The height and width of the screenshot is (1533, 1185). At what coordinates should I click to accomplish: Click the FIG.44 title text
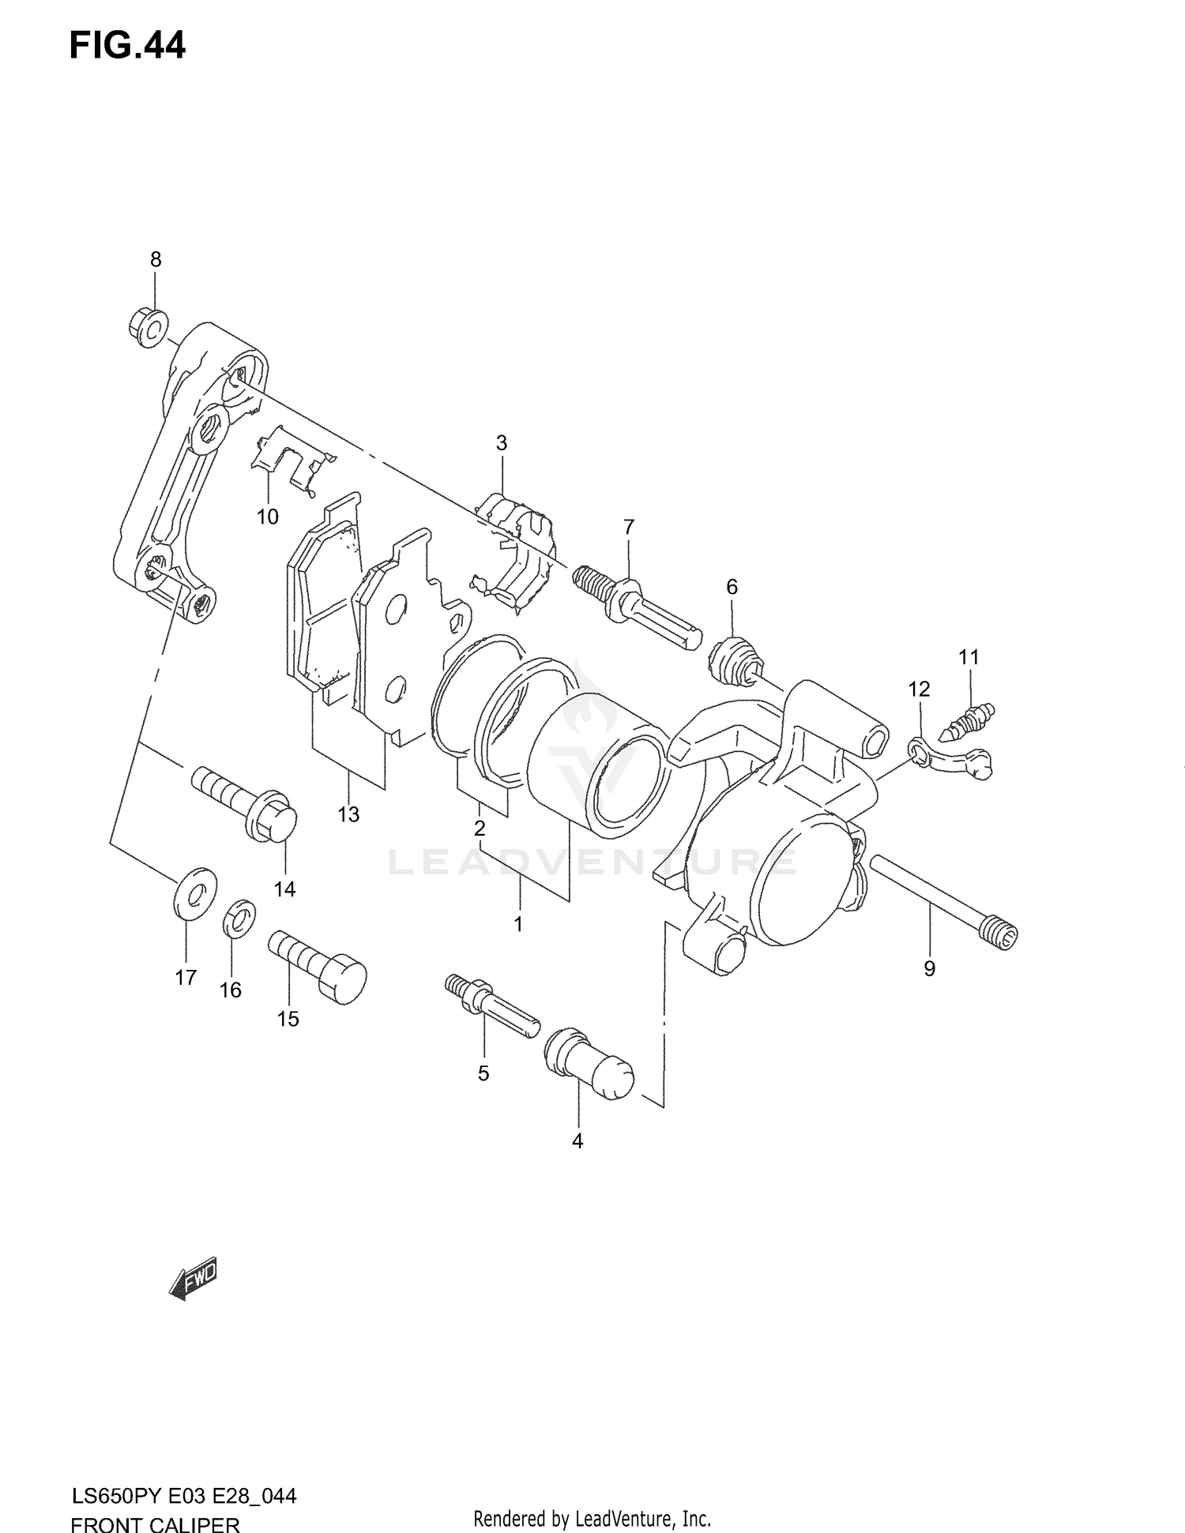coord(127,46)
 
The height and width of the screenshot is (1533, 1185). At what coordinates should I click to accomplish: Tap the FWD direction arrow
coord(193,1278)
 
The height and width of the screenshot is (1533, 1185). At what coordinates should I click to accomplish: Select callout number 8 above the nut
coord(156,259)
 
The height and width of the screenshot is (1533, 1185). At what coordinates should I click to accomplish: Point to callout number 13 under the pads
coord(348,814)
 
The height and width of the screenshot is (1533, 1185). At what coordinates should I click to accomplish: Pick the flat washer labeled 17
coord(194,892)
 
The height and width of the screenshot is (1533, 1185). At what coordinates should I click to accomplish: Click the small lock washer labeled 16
coord(240,917)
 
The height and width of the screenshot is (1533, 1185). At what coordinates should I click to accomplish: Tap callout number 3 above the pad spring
coord(502,443)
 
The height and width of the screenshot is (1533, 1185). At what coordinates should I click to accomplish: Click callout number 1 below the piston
coord(518,923)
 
